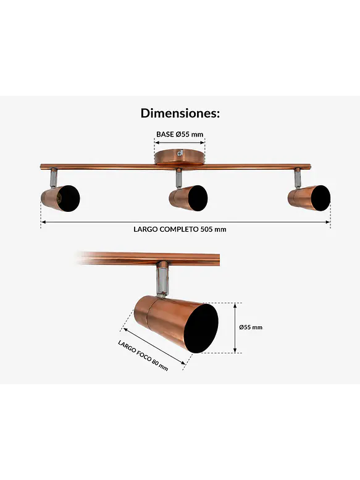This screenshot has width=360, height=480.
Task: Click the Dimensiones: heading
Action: click(180, 113)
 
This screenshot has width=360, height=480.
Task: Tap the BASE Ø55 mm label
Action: click(180, 134)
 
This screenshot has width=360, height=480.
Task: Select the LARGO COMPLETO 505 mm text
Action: click(180, 229)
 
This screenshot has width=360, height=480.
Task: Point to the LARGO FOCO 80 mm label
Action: click(143, 355)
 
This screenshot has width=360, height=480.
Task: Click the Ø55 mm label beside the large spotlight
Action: click(251, 327)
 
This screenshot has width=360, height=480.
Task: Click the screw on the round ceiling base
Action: click(180, 153)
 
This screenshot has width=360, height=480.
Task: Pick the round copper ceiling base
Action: click(180, 158)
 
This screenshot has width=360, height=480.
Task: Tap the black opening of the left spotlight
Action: click(69, 198)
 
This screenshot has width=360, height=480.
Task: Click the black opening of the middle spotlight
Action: click(197, 198)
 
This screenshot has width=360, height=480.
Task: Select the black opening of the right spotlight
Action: click(320, 198)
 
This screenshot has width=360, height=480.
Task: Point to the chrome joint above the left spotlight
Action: click(53, 177)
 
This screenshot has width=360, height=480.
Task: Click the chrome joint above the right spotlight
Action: click(297, 178)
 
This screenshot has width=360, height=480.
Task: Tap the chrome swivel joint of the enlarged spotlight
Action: click(162, 279)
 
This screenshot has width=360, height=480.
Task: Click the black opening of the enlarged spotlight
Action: click(201, 328)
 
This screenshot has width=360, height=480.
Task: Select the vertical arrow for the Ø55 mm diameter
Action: click(235, 328)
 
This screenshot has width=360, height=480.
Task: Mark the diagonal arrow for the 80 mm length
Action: click(154, 347)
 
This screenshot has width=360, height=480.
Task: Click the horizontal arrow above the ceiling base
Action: click(180, 142)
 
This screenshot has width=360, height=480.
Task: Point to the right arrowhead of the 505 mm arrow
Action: click(328, 222)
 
